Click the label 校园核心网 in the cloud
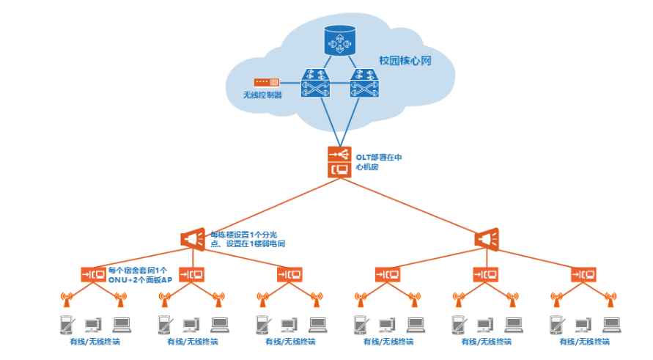(405, 61)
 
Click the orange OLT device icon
(339, 162)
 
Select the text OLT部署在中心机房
(378, 162)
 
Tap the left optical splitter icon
(193, 238)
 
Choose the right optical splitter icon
(487, 238)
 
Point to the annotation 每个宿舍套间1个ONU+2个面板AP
(140, 274)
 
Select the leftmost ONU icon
(93, 274)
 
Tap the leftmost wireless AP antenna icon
(66, 298)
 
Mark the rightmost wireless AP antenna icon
(610, 298)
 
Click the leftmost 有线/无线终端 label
(93, 342)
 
